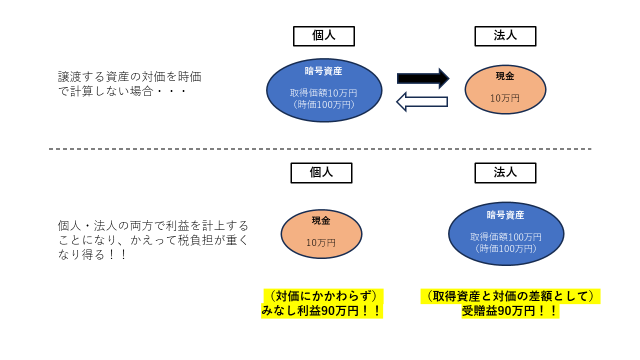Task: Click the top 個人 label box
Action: pyautogui.click(x=323, y=36)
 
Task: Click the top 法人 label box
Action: pyautogui.click(x=505, y=36)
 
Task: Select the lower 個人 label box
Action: pyautogui.click(x=321, y=172)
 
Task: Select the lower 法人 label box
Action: pyautogui.click(x=505, y=172)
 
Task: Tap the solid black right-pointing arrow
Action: pyautogui.click(x=423, y=78)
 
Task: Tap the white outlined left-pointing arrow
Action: pyautogui.click(x=422, y=101)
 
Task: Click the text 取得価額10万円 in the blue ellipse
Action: pyautogui.click(x=323, y=93)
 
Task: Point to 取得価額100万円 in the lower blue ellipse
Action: pyautogui.click(x=505, y=236)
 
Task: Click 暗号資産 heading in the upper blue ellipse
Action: pyautogui.click(x=323, y=71)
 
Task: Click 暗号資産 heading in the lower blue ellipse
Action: pyautogui.click(x=505, y=215)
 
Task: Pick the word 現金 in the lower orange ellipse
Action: pyautogui.click(x=321, y=220)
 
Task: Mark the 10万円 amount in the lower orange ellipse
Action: pyautogui.click(x=321, y=243)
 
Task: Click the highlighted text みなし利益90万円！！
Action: pyautogui.click(x=321, y=311)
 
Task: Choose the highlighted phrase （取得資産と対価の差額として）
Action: pyautogui.click(x=510, y=296)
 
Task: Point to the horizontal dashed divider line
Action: pyautogui.click(x=320, y=149)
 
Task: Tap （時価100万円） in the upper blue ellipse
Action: pyautogui.click(x=323, y=104)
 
